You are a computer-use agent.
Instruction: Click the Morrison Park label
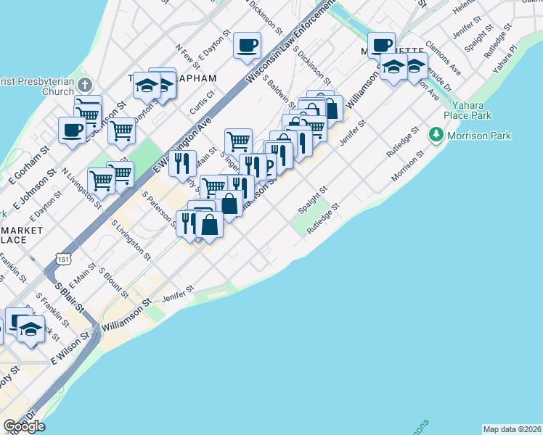pyautogui.click(x=480, y=136)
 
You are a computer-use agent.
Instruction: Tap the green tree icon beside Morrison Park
pyautogui.click(x=436, y=135)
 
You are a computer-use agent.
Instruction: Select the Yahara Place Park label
pyautogui.click(x=467, y=109)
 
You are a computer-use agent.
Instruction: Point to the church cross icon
pyautogui.click(x=85, y=84)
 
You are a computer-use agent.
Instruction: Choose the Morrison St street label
pyautogui.click(x=407, y=167)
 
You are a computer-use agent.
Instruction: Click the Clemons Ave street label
pyautogui.click(x=444, y=57)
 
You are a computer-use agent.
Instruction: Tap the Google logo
pyautogui.click(x=24, y=426)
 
